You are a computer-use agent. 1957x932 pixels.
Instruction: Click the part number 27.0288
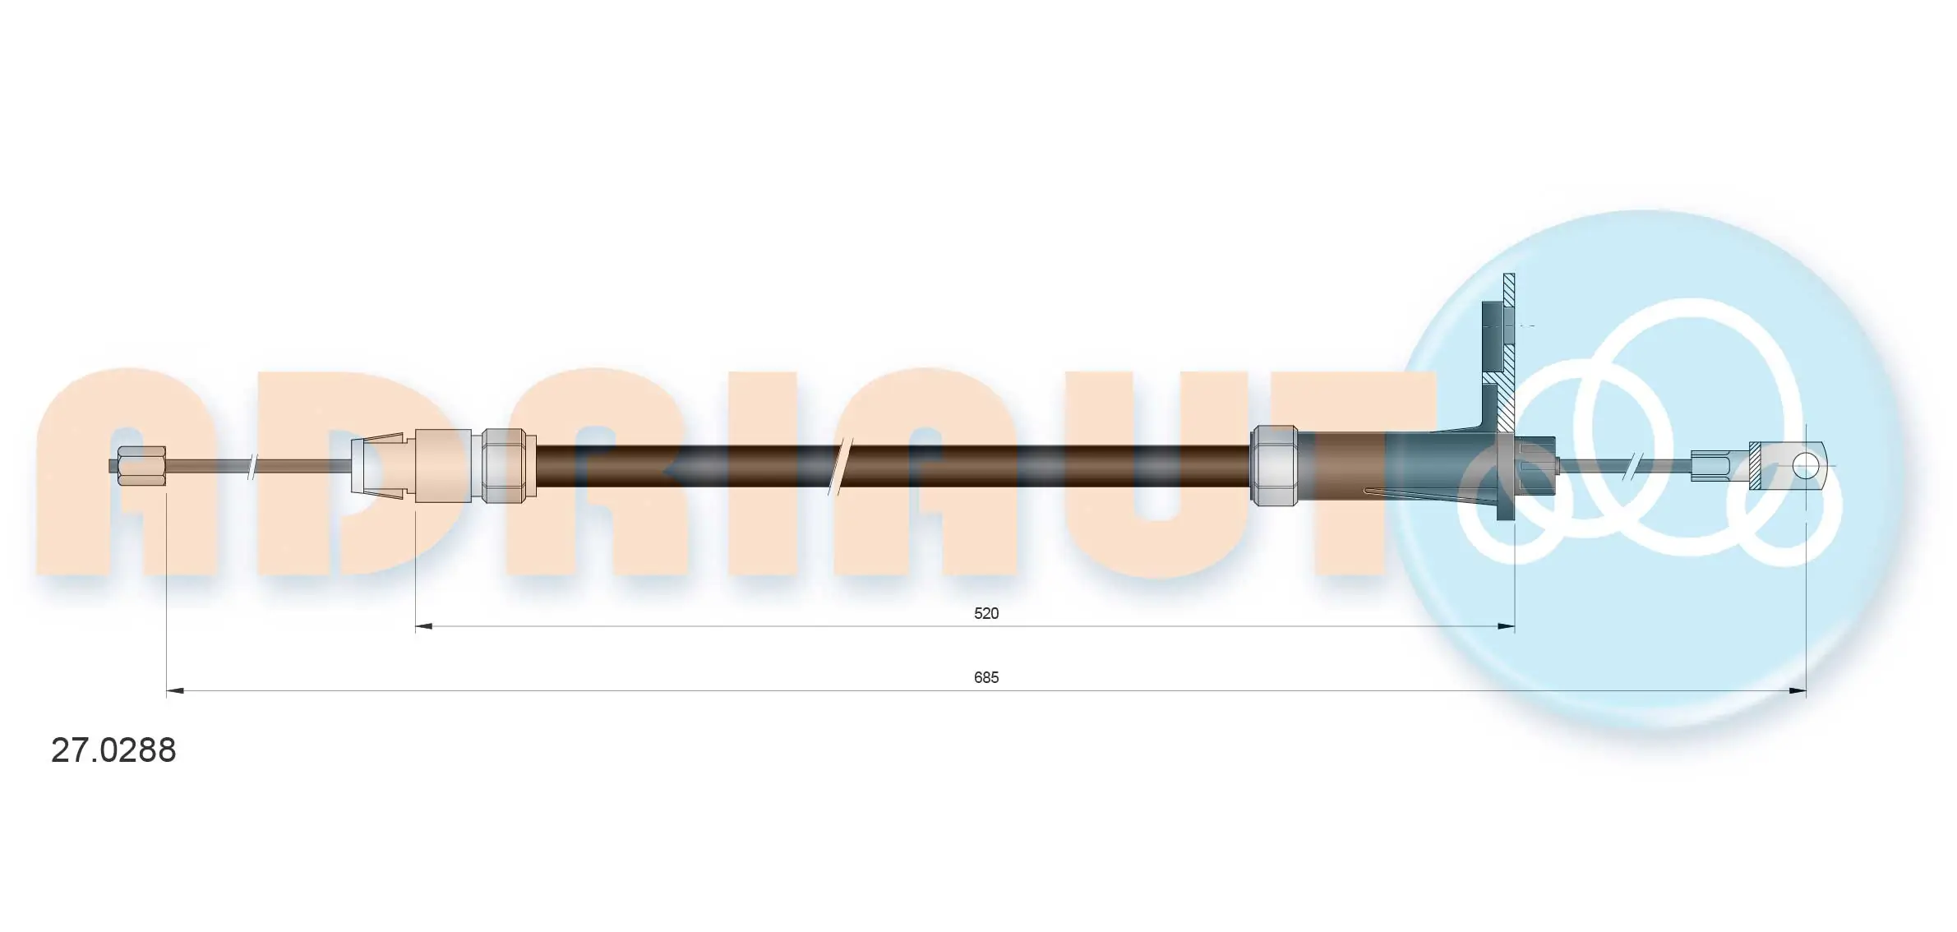(x=113, y=750)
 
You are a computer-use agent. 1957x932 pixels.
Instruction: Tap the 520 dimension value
(x=985, y=613)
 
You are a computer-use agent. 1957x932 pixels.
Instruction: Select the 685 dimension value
(x=985, y=677)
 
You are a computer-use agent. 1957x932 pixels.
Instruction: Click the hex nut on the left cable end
(x=141, y=465)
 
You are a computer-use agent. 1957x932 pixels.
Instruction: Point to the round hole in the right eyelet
(x=1805, y=466)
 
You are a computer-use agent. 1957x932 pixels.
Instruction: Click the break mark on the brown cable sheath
(x=843, y=466)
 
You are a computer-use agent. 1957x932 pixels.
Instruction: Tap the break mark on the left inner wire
(x=252, y=466)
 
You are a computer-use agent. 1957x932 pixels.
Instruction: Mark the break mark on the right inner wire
(x=1636, y=466)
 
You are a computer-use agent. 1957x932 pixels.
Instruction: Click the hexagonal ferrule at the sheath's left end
(x=503, y=465)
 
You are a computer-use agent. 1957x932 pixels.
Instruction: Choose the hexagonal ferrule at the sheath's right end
(x=1273, y=465)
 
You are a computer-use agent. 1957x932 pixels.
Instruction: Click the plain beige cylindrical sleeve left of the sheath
(x=443, y=465)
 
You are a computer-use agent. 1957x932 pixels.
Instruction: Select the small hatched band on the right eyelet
(x=1755, y=466)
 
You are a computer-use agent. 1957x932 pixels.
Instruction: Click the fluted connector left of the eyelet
(x=1709, y=466)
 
